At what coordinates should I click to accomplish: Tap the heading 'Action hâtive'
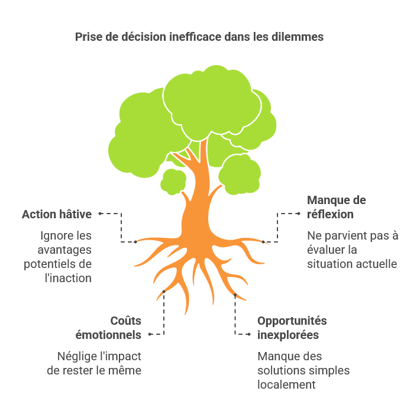click(57, 214)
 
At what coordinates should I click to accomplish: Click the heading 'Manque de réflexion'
click(337, 207)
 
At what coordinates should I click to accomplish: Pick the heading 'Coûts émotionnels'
click(108, 328)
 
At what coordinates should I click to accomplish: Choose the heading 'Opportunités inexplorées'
click(292, 328)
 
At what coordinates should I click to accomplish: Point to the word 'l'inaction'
click(68, 278)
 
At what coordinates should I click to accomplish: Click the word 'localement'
click(286, 385)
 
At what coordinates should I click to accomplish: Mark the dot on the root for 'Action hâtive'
click(135, 242)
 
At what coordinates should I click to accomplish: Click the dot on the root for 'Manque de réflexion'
click(263, 242)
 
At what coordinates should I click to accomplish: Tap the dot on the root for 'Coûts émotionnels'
click(164, 292)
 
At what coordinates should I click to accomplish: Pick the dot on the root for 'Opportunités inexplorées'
click(235, 295)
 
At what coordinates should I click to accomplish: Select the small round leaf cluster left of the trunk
click(173, 182)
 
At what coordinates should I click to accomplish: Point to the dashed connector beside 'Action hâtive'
click(121, 228)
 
